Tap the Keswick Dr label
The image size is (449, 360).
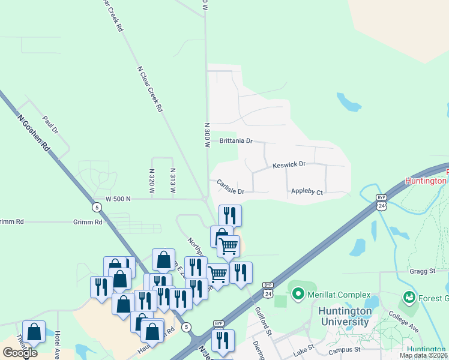(289, 164)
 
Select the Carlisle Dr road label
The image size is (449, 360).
(231, 187)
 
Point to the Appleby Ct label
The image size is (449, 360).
(307, 193)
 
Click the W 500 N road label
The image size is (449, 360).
(118, 199)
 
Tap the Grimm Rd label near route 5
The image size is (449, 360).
(89, 222)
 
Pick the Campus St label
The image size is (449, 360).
(344, 349)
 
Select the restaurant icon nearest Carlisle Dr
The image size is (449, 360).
(230, 215)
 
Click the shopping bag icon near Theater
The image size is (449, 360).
(34, 331)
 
